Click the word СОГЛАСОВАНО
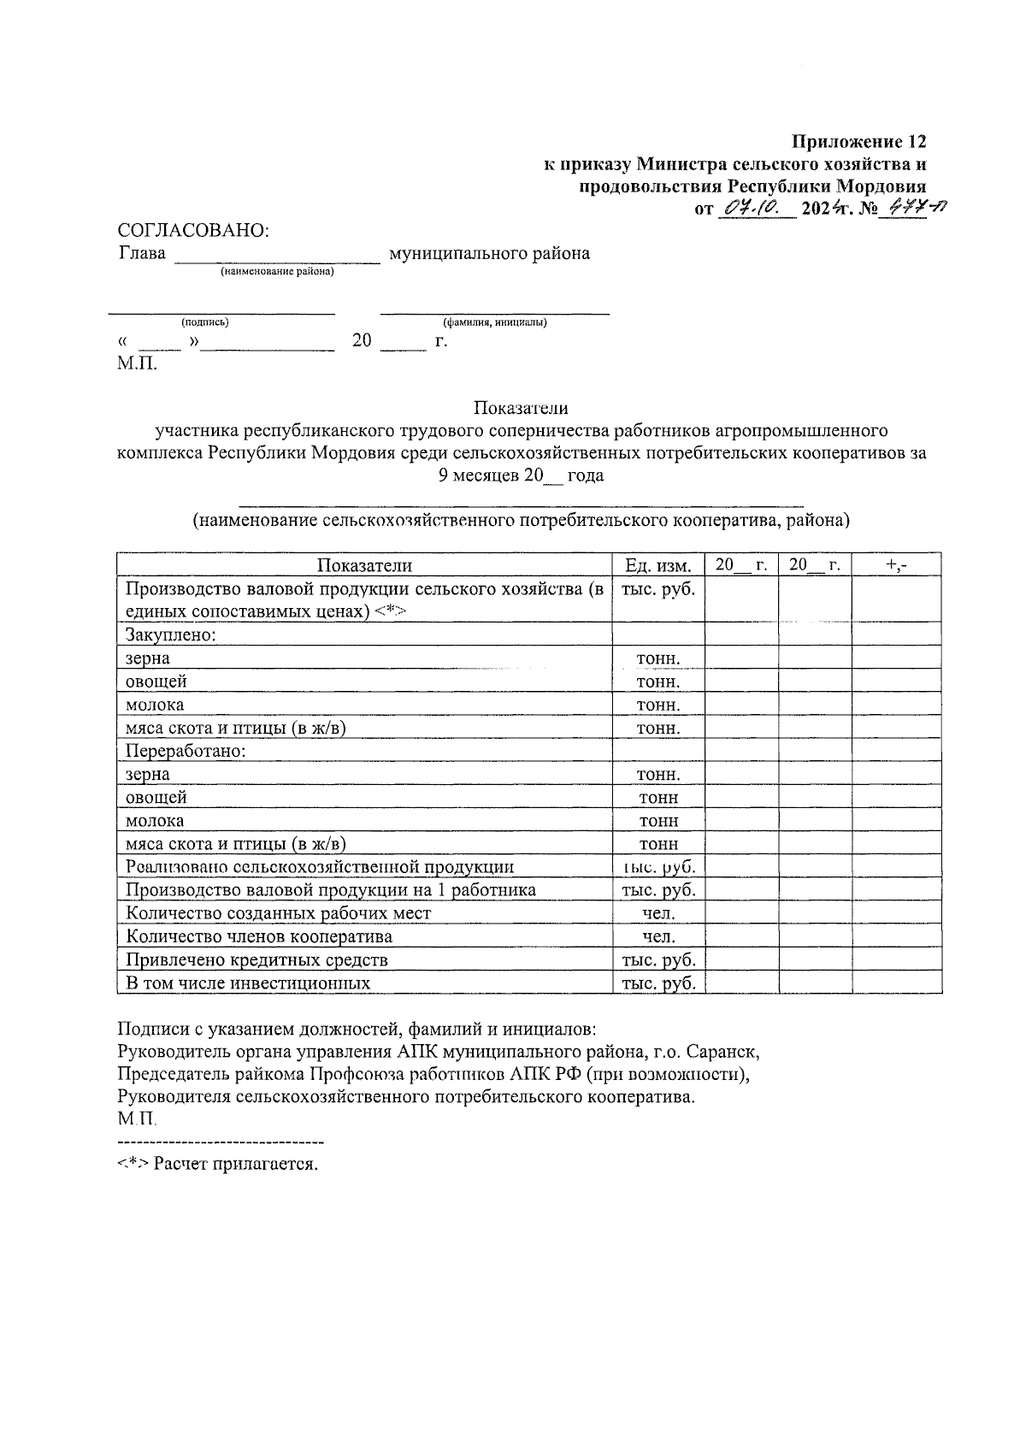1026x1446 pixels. [x=193, y=230]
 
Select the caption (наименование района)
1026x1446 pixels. [x=277, y=272]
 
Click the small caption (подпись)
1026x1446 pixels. [x=204, y=322]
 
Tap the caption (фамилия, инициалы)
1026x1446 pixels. [x=494, y=322]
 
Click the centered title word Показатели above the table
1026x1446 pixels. [x=521, y=408]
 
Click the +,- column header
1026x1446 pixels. [x=897, y=564]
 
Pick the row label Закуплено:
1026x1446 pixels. [x=170, y=634]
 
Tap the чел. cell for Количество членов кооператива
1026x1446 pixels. [x=658, y=936]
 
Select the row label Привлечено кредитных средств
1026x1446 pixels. [x=256, y=959]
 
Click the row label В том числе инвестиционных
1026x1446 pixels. [x=248, y=983]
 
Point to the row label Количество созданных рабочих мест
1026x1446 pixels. [x=278, y=913]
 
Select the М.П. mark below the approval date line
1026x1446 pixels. [x=138, y=364]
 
